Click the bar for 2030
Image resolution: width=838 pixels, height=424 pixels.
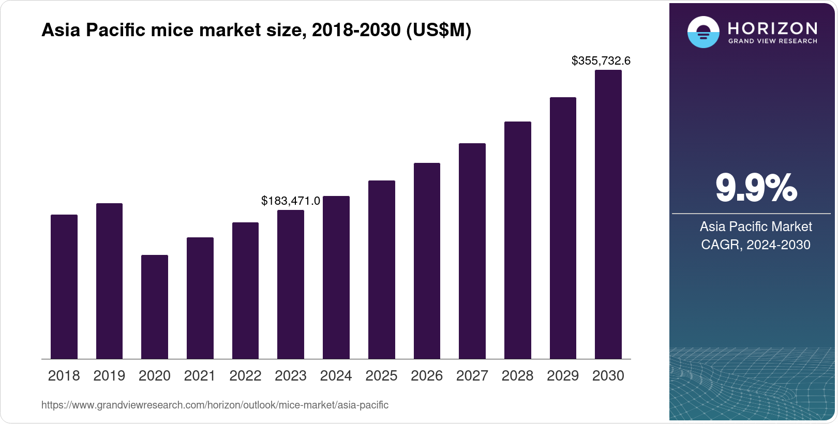(608, 215)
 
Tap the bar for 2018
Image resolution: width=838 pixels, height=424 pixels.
(64, 286)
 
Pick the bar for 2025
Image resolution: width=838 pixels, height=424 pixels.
(381, 269)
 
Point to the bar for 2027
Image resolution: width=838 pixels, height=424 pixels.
(472, 251)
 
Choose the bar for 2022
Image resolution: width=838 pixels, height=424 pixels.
(245, 291)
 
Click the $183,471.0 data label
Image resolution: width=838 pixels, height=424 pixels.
(290, 201)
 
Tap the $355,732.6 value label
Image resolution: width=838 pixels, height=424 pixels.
(601, 61)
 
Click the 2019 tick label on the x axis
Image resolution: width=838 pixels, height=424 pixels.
(109, 376)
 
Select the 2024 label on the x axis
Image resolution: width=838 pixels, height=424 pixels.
(336, 376)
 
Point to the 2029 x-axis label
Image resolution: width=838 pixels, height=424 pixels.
(562, 376)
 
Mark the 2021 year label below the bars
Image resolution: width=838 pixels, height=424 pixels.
(200, 376)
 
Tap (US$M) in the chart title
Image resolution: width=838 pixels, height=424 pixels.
(439, 30)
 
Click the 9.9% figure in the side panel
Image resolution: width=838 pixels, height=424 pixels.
(756, 188)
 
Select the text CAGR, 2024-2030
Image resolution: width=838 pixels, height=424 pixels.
(755, 245)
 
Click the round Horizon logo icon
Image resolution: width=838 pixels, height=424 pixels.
(703, 32)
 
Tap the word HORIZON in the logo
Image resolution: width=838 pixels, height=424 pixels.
(772, 28)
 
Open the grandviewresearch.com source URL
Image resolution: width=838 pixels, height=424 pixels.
(215, 405)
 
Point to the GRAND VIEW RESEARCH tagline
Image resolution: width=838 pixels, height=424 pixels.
(772, 41)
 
